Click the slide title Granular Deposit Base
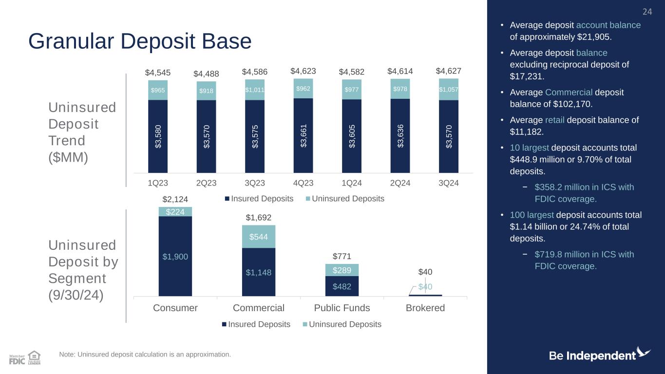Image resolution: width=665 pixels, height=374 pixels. click(140, 42)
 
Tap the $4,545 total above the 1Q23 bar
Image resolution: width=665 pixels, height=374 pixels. click(157, 73)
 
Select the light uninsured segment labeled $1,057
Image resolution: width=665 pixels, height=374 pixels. click(449, 90)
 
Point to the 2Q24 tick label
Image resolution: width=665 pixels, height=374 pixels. click(400, 184)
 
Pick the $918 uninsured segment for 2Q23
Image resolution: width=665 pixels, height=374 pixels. click(206, 91)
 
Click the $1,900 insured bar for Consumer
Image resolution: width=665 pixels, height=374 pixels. click(175, 256)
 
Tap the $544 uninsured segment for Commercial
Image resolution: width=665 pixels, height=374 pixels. click(258, 237)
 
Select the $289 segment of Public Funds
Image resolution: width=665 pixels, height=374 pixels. click(342, 270)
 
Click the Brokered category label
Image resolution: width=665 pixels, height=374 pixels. click(425, 308)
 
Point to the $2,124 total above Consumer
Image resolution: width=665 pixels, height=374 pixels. click(175, 199)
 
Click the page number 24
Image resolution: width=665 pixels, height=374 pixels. click(647, 12)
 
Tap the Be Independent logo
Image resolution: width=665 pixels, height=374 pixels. click(600, 355)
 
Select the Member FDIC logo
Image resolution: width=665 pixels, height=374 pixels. click(17, 359)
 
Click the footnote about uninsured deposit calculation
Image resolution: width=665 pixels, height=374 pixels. click(145, 354)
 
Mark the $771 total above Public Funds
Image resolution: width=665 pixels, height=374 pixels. click(342, 256)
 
